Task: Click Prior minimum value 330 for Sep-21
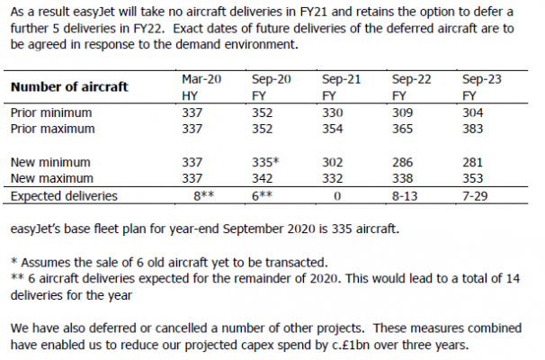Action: click(335, 112)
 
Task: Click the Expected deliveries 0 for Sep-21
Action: click(335, 193)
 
